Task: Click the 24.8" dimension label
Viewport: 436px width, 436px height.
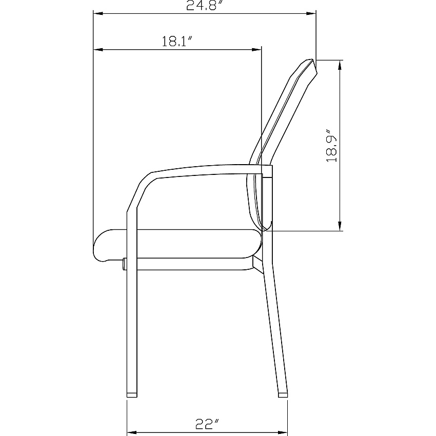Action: [205, 5]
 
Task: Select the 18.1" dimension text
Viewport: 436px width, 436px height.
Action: [177, 42]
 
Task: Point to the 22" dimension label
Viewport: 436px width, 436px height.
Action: [207, 424]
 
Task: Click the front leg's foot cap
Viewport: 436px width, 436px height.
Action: [132, 395]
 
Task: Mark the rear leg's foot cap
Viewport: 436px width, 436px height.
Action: [283, 395]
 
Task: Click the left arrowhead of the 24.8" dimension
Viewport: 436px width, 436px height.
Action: [98, 13]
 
